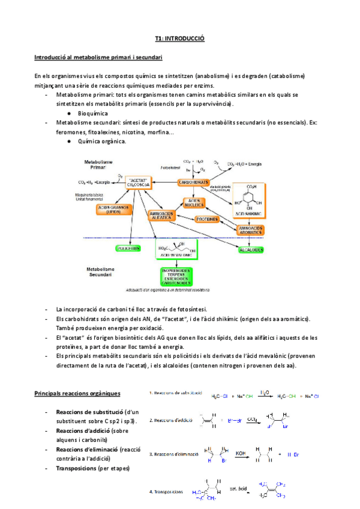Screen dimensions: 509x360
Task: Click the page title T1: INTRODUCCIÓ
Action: pyautogui.click(x=179, y=38)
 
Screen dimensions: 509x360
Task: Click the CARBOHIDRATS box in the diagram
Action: pyautogui.click(x=193, y=182)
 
